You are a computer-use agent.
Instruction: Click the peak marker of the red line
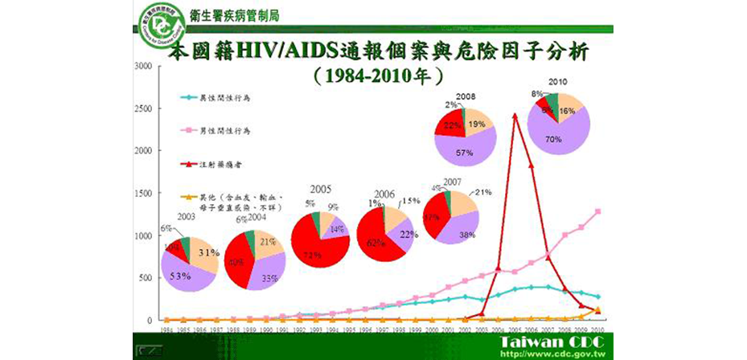[515, 115]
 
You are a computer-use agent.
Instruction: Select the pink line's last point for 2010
[597, 211]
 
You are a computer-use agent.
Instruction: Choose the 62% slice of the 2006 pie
[377, 241]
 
